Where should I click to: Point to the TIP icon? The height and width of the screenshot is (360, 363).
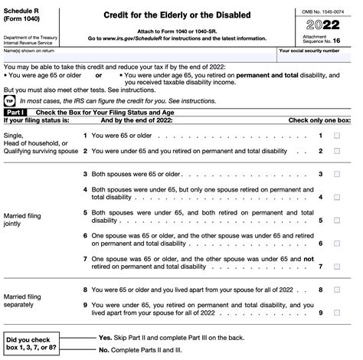tap(9, 100)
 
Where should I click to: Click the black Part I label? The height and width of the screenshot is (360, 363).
tap(16, 113)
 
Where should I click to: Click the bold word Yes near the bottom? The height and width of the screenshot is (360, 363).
tap(105, 337)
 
